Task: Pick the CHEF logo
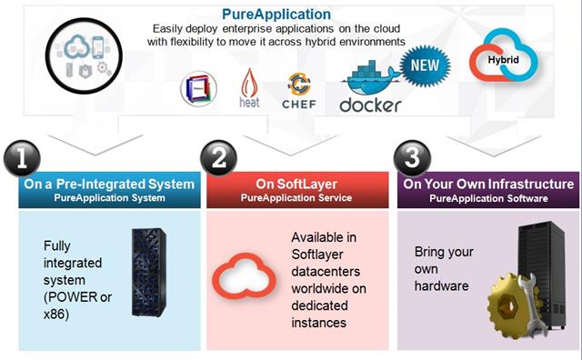[299, 91]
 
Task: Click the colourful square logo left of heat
[198, 89]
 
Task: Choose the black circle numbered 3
[414, 158]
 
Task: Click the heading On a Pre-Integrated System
[109, 185]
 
